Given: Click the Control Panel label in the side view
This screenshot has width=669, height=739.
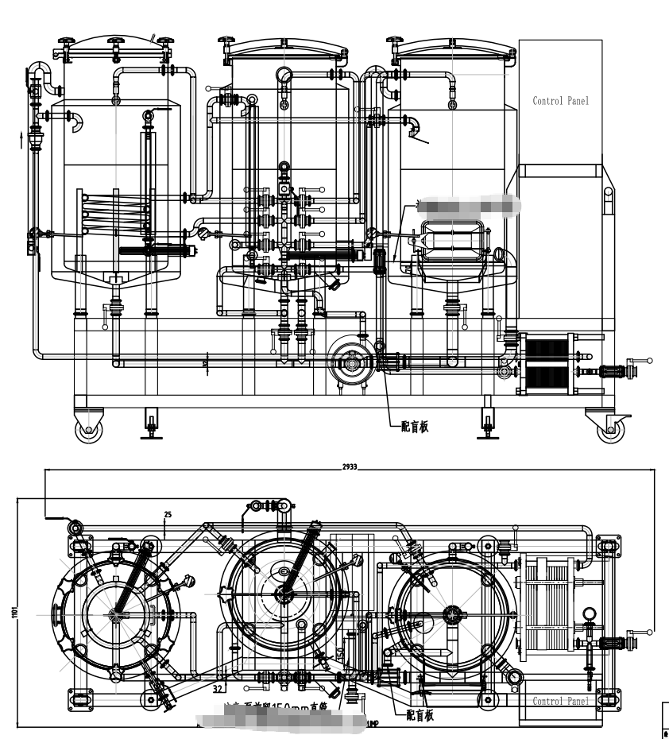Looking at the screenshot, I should point(561,101).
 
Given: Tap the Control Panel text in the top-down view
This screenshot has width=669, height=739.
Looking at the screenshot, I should point(561,701).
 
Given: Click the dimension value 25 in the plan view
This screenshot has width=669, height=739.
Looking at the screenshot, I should point(167,515).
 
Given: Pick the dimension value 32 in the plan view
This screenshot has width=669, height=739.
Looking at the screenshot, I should point(217,689).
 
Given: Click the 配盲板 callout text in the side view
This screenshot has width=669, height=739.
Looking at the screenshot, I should point(414,427).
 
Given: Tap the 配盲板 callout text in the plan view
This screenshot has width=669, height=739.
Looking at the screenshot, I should point(420,715).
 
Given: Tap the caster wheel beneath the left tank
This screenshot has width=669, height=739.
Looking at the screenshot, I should point(88,429).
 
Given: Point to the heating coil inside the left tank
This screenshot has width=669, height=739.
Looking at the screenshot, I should point(115,212).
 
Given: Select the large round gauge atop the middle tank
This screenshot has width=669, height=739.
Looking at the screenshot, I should point(284,75).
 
